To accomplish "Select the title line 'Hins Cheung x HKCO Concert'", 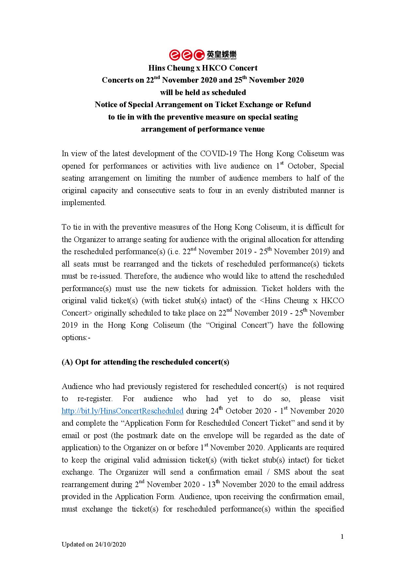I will click(203, 68).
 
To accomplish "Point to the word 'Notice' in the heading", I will click(106, 105).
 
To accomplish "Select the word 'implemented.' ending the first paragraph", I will click(84, 203).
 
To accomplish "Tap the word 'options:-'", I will click(76, 337).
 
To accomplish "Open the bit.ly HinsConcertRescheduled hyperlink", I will click(122, 411).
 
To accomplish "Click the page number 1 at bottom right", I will click(342, 536).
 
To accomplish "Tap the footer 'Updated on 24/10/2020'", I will click(94, 544).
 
